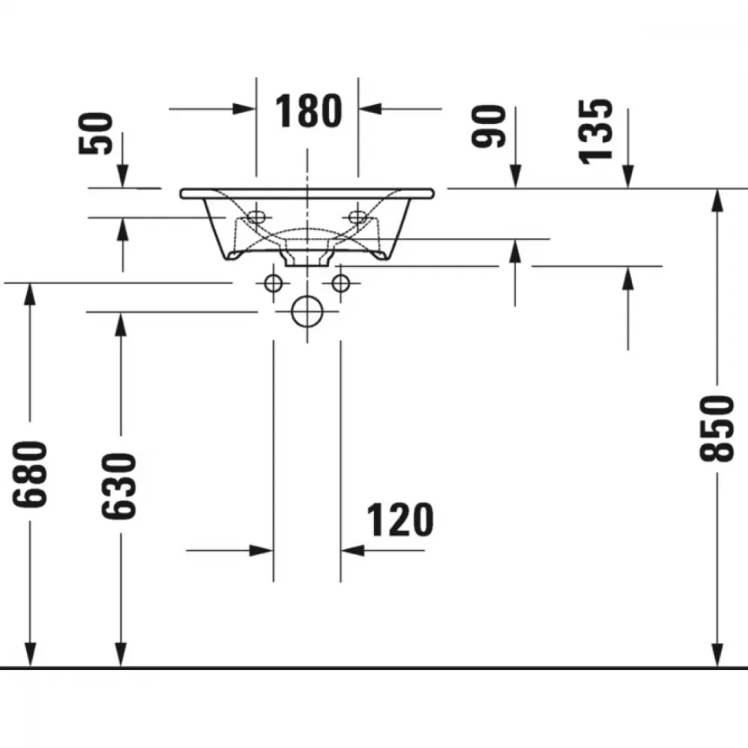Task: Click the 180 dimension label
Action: (309, 111)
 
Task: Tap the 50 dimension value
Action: (96, 134)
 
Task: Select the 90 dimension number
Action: (488, 126)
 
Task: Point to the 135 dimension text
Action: (595, 132)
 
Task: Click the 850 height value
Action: (717, 429)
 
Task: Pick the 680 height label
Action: (30, 474)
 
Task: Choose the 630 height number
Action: (119, 485)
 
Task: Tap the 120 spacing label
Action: (400, 520)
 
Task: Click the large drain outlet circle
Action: (307, 312)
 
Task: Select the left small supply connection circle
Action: (273, 283)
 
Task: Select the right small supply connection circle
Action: (340, 283)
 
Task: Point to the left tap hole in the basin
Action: (256, 217)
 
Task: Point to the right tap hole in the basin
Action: (358, 217)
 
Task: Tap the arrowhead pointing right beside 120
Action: (261, 551)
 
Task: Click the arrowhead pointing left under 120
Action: (352, 551)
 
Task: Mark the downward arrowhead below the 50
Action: (123, 176)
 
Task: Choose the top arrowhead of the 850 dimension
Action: (717, 200)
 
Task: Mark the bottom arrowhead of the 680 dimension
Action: (30, 655)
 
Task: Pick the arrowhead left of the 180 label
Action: (245, 108)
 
